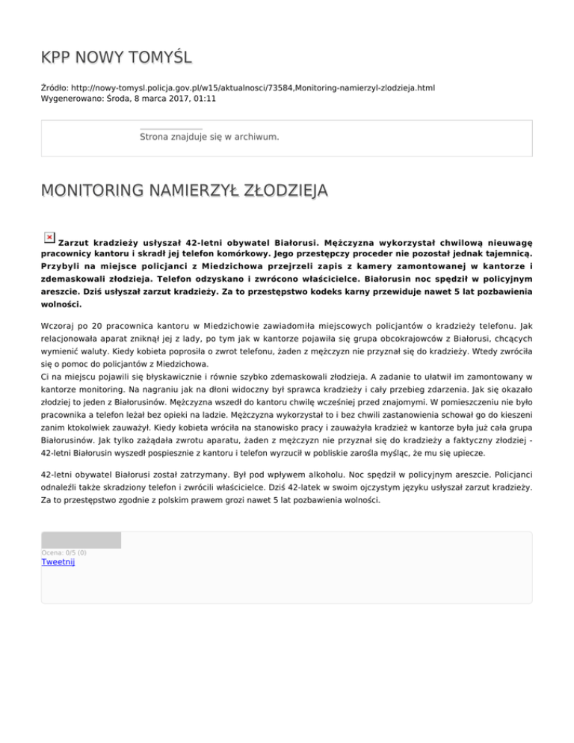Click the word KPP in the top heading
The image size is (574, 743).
pyautogui.click(x=58, y=57)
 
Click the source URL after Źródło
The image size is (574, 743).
pyautogui.click(x=255, y=88)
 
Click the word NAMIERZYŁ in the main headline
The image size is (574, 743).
pyautogui.click(x=180, y=192)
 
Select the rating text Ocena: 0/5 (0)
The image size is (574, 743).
pyautogui.click(x=64, y=552)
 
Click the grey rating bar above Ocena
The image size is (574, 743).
pyautogui.click(x=81, y=540)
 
